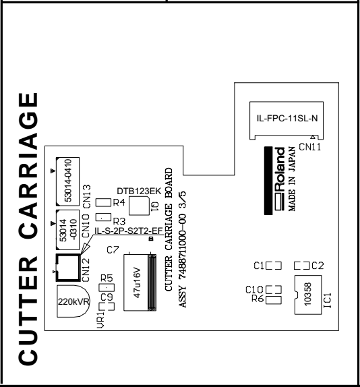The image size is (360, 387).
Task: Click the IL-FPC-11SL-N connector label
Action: [x=287, y=119]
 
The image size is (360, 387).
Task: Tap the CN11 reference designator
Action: [x=310, y=147]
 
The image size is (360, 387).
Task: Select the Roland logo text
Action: [x=280, y=179]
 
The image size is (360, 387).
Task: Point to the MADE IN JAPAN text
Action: [x=292, y=179]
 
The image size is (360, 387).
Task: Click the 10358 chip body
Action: [x=308, y=295]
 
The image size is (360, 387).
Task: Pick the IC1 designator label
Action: [x=327, y=301]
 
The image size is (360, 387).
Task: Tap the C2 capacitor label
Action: [x=318, y=266]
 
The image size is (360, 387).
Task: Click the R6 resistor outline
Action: [x=274, y=300]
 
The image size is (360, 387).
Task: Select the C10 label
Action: [x=254, y=290]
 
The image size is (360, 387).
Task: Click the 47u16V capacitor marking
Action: [x=137, y=282]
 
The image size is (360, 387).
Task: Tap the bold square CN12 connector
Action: [x=68, y=268]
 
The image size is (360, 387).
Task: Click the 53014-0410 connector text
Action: [x=67, y=181]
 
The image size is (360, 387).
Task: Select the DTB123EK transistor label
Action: [x=139, y=191]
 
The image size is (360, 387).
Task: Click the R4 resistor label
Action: [x=119, y=203]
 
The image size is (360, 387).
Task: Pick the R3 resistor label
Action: [x=119, y=221]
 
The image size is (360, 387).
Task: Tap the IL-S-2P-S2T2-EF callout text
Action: [x=129, y=231]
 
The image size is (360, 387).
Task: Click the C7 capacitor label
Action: [x=113, y=250]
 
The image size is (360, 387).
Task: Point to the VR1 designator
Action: [x=100, y=320]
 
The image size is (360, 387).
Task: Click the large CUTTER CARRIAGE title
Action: [x=28, y=229]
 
